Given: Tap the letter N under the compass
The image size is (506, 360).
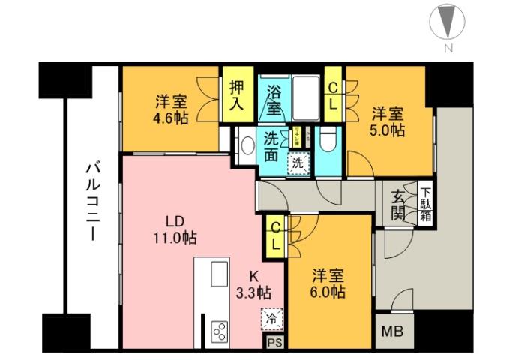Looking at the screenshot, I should (x=448, y=49).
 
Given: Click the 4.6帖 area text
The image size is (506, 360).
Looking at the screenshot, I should (x=172, y=118).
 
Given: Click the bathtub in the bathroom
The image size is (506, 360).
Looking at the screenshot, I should (x=306, y=96).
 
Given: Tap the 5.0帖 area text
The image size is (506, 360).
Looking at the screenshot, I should (x=388, y=130).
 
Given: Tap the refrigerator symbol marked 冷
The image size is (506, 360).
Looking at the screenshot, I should (x=273, y=318).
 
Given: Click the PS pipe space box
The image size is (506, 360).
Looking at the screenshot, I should (x=275, y=342).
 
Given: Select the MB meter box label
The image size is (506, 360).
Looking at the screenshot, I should (x=392, y=331).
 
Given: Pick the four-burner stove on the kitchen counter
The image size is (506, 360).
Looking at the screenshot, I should (x=221, y=330).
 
